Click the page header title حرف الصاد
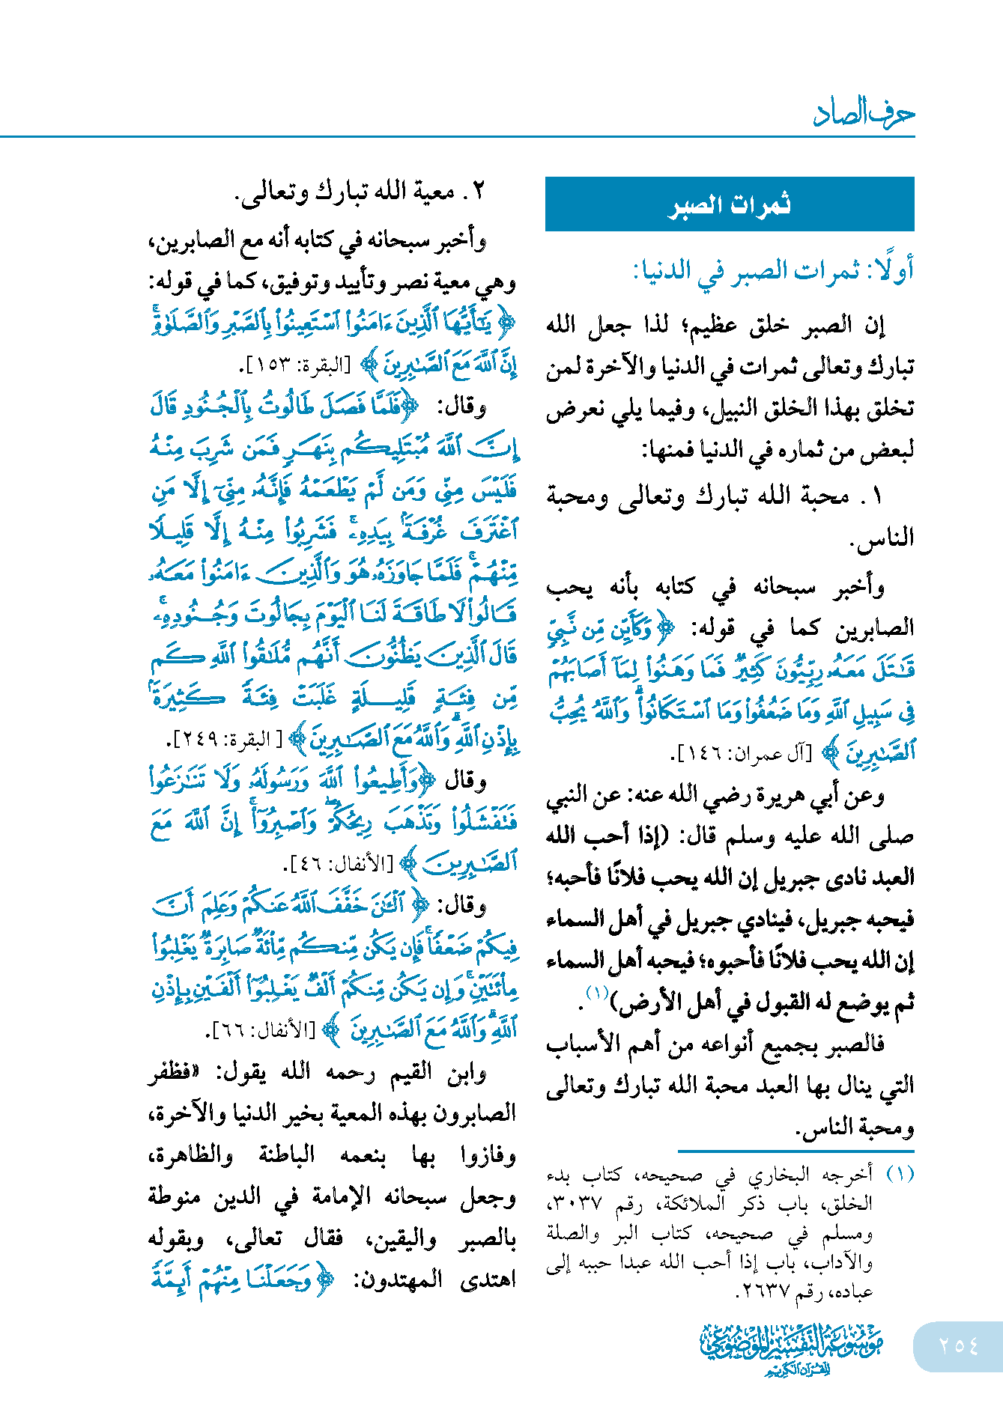(863, 114)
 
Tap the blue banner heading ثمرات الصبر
(729, 204)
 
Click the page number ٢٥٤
(958, 1345)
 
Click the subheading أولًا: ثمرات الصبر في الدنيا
(774, 270)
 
